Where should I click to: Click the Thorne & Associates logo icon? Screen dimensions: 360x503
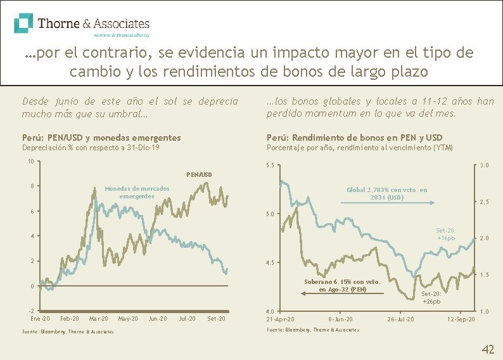point(24,23)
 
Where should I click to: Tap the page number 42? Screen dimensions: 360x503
point(488,349)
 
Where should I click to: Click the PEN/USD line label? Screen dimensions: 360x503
point(199,174)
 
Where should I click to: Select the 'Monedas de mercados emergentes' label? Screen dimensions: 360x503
point(137,193)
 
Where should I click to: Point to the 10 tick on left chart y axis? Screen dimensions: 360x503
point(30,161)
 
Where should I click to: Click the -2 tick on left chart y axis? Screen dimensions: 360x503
point(30,311)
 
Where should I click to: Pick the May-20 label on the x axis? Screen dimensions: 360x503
point(129,318)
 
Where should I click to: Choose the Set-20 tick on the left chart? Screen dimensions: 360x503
point(216,318)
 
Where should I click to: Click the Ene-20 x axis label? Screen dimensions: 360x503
point(41,318)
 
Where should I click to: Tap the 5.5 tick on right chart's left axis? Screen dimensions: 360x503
point(269,166)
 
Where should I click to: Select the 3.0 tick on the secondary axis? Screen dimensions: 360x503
point(483,166)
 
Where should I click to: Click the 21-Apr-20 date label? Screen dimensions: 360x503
point(279,319)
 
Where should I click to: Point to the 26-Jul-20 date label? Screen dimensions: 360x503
point(401,319)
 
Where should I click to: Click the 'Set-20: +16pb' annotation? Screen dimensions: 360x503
point(446,235)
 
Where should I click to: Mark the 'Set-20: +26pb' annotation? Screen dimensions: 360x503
point(432,298)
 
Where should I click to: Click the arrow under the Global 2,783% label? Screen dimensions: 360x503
point(386,203)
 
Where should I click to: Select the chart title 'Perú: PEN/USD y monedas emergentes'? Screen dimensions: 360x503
point(101,138)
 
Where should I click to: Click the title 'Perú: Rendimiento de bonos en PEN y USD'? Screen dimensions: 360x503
point(354,138)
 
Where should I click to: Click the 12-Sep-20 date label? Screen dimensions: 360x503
point(461,319)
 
